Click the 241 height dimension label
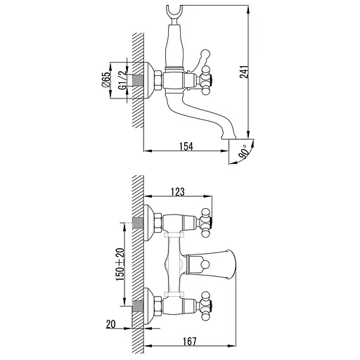[244, 72]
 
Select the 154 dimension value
[186, 146]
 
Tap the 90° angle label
[243, 152]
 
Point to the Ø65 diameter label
[106, 79]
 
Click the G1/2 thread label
[122, 80]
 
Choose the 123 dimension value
[178, 192]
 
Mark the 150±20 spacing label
[120, 264]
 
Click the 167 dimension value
[189, 342]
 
